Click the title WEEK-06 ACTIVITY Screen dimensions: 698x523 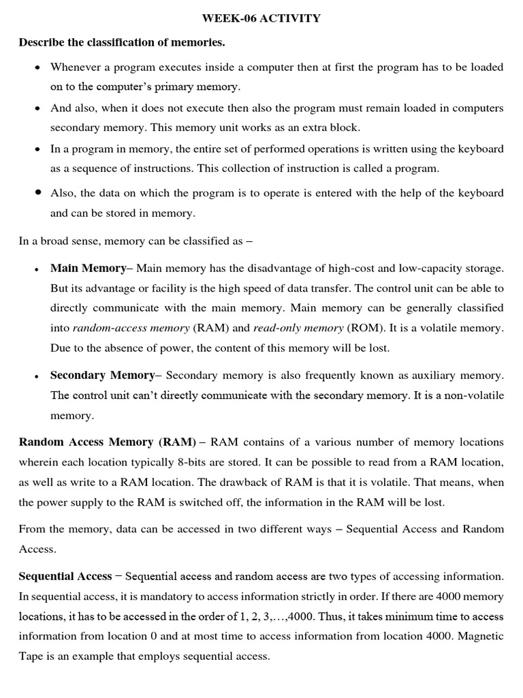coord(261,18)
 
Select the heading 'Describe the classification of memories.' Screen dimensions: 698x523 coord(122,43)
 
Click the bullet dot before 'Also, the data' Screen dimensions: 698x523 coord(37,193)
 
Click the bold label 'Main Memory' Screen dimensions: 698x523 coord(88,268)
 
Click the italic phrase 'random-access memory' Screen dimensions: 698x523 coord(131,328)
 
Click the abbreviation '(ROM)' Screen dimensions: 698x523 coord(364,328)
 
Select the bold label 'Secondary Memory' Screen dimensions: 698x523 coord(102,375)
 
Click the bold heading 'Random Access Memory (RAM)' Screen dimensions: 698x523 coord(107,442)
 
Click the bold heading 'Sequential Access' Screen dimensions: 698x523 coord(65,577)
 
